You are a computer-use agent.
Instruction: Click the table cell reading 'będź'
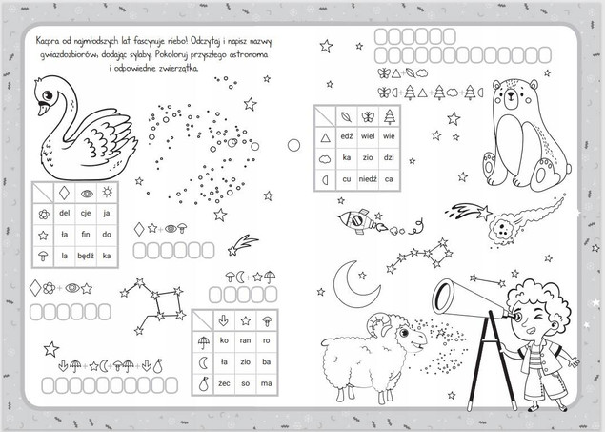(x=85, y=256)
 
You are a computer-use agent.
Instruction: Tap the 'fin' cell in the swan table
(x=85, y=234)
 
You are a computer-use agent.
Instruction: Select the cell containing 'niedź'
(x=368, y=179)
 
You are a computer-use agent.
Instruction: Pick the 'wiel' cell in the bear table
(x=368, y=136)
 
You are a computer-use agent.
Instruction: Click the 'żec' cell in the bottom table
(x=224, y=383)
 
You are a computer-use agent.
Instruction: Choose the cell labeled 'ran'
(x=245, y=340)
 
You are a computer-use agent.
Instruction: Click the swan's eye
(x=47, y=95)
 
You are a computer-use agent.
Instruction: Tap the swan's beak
(x=42, y=109)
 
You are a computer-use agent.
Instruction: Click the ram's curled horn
(x=379, y=323)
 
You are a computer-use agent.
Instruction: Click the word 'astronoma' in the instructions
(x=249, y=54)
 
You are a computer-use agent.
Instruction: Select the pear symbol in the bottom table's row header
(x=203, y=383)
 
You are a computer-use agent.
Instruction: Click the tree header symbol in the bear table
(x=389, y=116)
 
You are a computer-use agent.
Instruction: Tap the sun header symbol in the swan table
(x=107, y=192)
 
